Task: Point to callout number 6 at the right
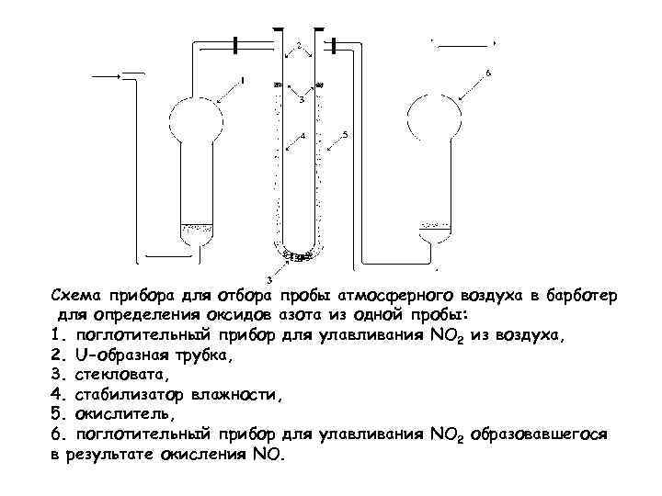[488, 71]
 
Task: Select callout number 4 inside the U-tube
[301, 137]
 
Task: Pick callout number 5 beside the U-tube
[344, 135]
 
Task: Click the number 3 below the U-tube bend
[268, 277]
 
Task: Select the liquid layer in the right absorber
[435, 225]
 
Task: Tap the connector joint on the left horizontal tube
[239, 43]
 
